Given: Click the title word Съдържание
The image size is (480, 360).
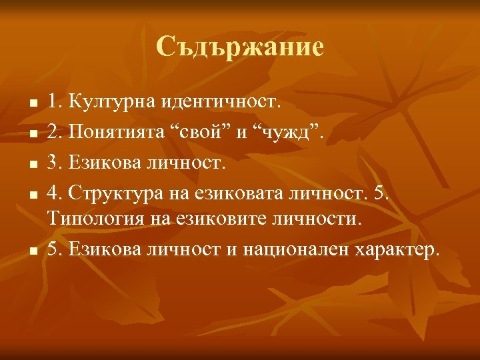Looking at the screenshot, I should coord(240,47).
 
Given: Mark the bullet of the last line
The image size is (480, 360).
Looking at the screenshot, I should coord(31,251).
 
